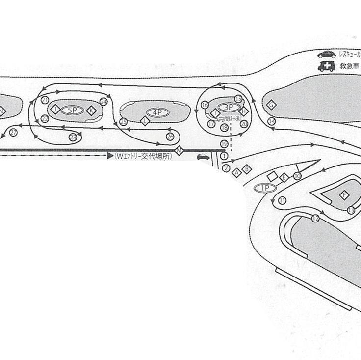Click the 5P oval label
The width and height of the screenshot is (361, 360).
(73, 110)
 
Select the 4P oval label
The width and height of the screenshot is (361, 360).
(157, 112)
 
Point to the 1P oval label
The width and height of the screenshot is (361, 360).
(265, 188)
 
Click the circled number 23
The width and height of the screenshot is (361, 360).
(73, 138)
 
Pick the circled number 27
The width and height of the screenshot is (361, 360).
(13, 133)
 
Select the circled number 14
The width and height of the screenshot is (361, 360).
(271, 121)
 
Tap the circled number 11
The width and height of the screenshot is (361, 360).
(282, 201)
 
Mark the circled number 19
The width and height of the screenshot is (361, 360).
(224, 144)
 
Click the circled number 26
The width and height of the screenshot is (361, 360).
(170, 137)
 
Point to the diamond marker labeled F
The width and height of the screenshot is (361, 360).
(344, 195)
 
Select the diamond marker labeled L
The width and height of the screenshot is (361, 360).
(145, 121)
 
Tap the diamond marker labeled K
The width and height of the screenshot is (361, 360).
(90, 111)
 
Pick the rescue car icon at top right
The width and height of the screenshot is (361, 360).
(326, 55)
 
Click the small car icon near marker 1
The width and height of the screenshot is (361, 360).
(202, 157)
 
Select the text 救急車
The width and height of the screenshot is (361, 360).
(350, 66)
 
